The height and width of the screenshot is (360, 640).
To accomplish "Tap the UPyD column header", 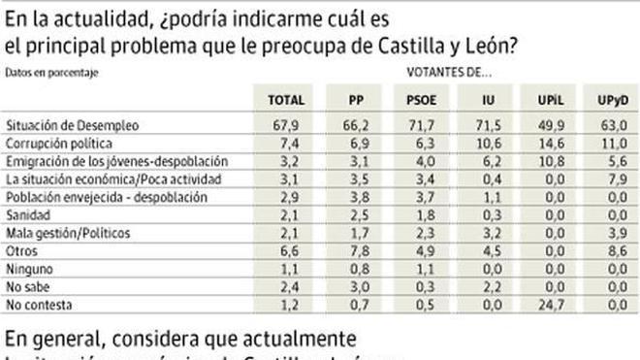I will click(x=609, y=99).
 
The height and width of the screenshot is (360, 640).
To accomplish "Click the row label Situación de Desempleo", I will click(x=73, y=125).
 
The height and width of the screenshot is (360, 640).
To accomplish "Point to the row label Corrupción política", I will click(x=59, y=143).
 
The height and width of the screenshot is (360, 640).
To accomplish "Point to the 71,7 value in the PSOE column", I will click(x=424, y=125).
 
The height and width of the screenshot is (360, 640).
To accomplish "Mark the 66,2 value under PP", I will click(x=360, y=125).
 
